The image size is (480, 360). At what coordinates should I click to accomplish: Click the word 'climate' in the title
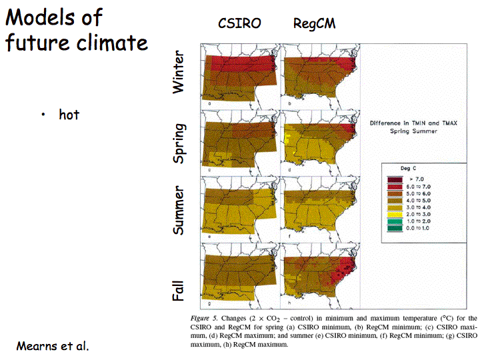tap(111, 43)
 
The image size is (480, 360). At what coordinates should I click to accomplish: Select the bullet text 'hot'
tap(69, 115)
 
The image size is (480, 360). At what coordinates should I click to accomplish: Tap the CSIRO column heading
tap(239, 24)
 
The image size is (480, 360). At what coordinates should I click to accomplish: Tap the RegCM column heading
tap(314, 24)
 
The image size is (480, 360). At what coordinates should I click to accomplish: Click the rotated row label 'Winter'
tap(179, 73)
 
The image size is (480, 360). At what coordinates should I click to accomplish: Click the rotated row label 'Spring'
tap(179, 143)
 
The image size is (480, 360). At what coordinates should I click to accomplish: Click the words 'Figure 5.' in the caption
tap(209, 317)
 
